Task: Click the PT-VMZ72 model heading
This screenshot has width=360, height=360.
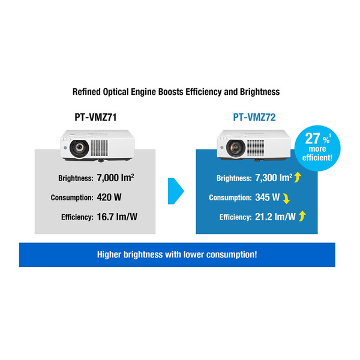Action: (x=254, y=118)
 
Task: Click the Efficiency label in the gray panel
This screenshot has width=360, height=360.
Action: (x=75, y=216)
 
